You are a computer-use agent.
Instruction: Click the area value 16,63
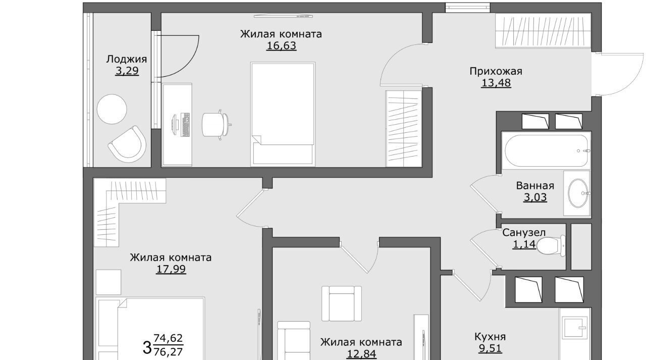coord(281,46)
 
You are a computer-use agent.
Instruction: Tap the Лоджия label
coord(127,60)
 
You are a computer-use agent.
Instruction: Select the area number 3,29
coord(127,71)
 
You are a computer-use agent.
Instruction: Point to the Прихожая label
coord(496,71)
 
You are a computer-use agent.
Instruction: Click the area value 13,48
coord(496,83)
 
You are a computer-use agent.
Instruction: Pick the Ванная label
coord(535,185)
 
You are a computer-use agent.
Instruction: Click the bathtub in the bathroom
coord(546,150)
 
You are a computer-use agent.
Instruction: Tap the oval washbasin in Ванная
coord(578,193)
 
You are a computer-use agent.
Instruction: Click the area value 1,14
coord(524,244)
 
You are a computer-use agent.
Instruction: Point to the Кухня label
coord(490,337)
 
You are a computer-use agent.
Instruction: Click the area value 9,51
coord(490,348)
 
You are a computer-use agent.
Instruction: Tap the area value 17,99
coord(171,269)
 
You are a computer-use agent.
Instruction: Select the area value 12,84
coord(361,354)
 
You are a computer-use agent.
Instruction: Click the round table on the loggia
coord(112,110)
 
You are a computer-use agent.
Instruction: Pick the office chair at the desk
coord(217,125)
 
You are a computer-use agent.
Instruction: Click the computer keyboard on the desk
coord(185,125)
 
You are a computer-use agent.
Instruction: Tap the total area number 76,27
coord(168,352)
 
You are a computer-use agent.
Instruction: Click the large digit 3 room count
coord(147,347)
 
